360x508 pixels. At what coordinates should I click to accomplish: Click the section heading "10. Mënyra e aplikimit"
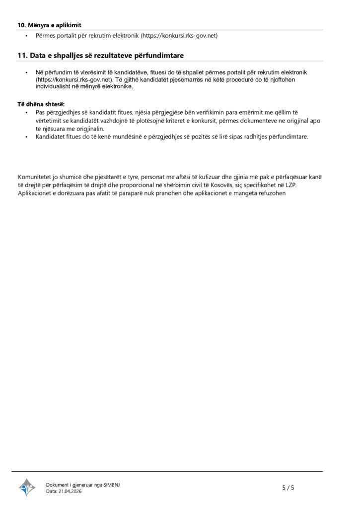coord(49,25)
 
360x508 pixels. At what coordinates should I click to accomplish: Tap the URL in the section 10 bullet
coord(180,36)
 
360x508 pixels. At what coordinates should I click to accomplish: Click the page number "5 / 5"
coord(288,488)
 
